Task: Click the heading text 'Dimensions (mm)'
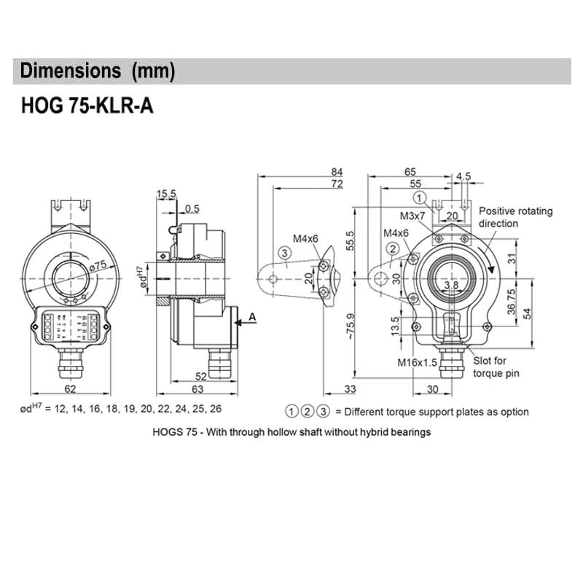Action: click(x=98, y=71)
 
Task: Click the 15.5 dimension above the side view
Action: click(x=166, y=194)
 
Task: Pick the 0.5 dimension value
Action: click(x=192, y=208)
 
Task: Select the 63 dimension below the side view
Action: click(x=197, y=390)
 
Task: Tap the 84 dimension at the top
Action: click(x=335, y=173)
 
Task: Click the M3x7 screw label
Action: click(x=412, y=216)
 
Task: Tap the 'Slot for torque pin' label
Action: click(x=498, y=367)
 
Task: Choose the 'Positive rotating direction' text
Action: click(x=515, y=217)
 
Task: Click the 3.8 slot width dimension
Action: click(x=451, y=285)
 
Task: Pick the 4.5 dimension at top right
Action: click(x=463, y=176)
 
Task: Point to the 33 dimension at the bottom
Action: click(x=350, y=390)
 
